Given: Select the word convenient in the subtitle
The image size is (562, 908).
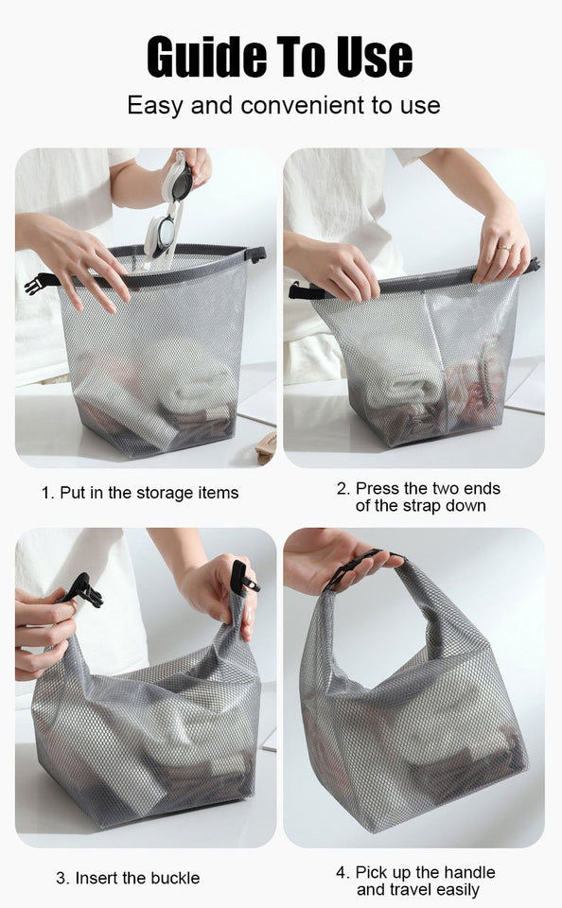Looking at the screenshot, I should coord(301,105).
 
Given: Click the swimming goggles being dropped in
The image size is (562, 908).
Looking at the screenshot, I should coord(167,214).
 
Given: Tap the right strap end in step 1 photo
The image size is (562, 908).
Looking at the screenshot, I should coord(255,253).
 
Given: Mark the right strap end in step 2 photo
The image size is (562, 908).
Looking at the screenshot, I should coord(533,266).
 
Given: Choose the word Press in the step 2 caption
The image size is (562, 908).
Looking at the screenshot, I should coord(377,488).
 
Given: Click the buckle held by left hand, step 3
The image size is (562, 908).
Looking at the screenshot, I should coord(83,591).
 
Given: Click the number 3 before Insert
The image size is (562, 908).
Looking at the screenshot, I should coord(61,878).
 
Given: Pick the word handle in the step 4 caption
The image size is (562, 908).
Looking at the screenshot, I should coord(470,871).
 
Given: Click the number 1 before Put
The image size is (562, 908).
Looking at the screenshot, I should coord(45,493).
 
